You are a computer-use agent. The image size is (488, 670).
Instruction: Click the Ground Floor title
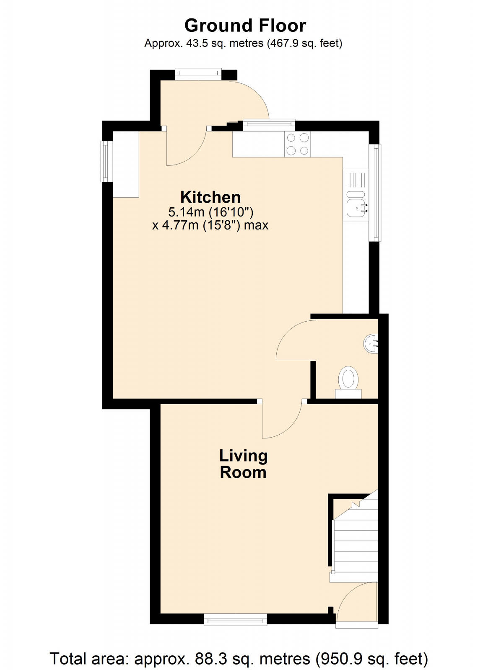click(x=245, y=26)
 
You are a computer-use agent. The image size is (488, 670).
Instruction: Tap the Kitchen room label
click(x=210, y=197)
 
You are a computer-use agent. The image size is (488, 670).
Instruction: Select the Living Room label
click(x=243, y=464)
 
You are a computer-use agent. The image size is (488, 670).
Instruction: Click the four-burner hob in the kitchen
click(x=298, y=144)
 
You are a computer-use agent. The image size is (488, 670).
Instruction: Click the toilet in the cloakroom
click(x=348, y=379)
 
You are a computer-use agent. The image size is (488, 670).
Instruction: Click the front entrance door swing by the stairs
click(x=356, y=603)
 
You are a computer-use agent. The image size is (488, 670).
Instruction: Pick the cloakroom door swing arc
click(x=293, y=339)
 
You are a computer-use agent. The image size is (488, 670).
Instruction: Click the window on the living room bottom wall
click(x=235, y=619)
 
